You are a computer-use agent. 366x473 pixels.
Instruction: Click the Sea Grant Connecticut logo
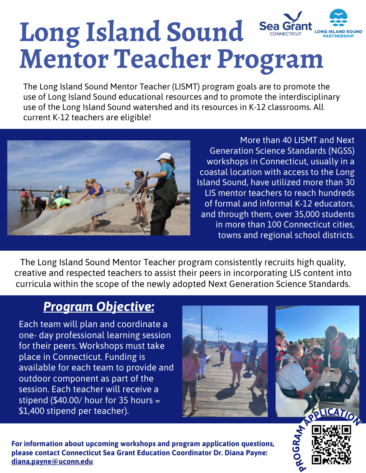285,24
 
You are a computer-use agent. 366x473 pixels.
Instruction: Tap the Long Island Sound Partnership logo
338,24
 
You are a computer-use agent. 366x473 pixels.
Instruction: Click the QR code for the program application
331,445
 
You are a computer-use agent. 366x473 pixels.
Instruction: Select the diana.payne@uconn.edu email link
52,461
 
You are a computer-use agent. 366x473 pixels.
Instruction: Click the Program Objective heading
99,307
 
